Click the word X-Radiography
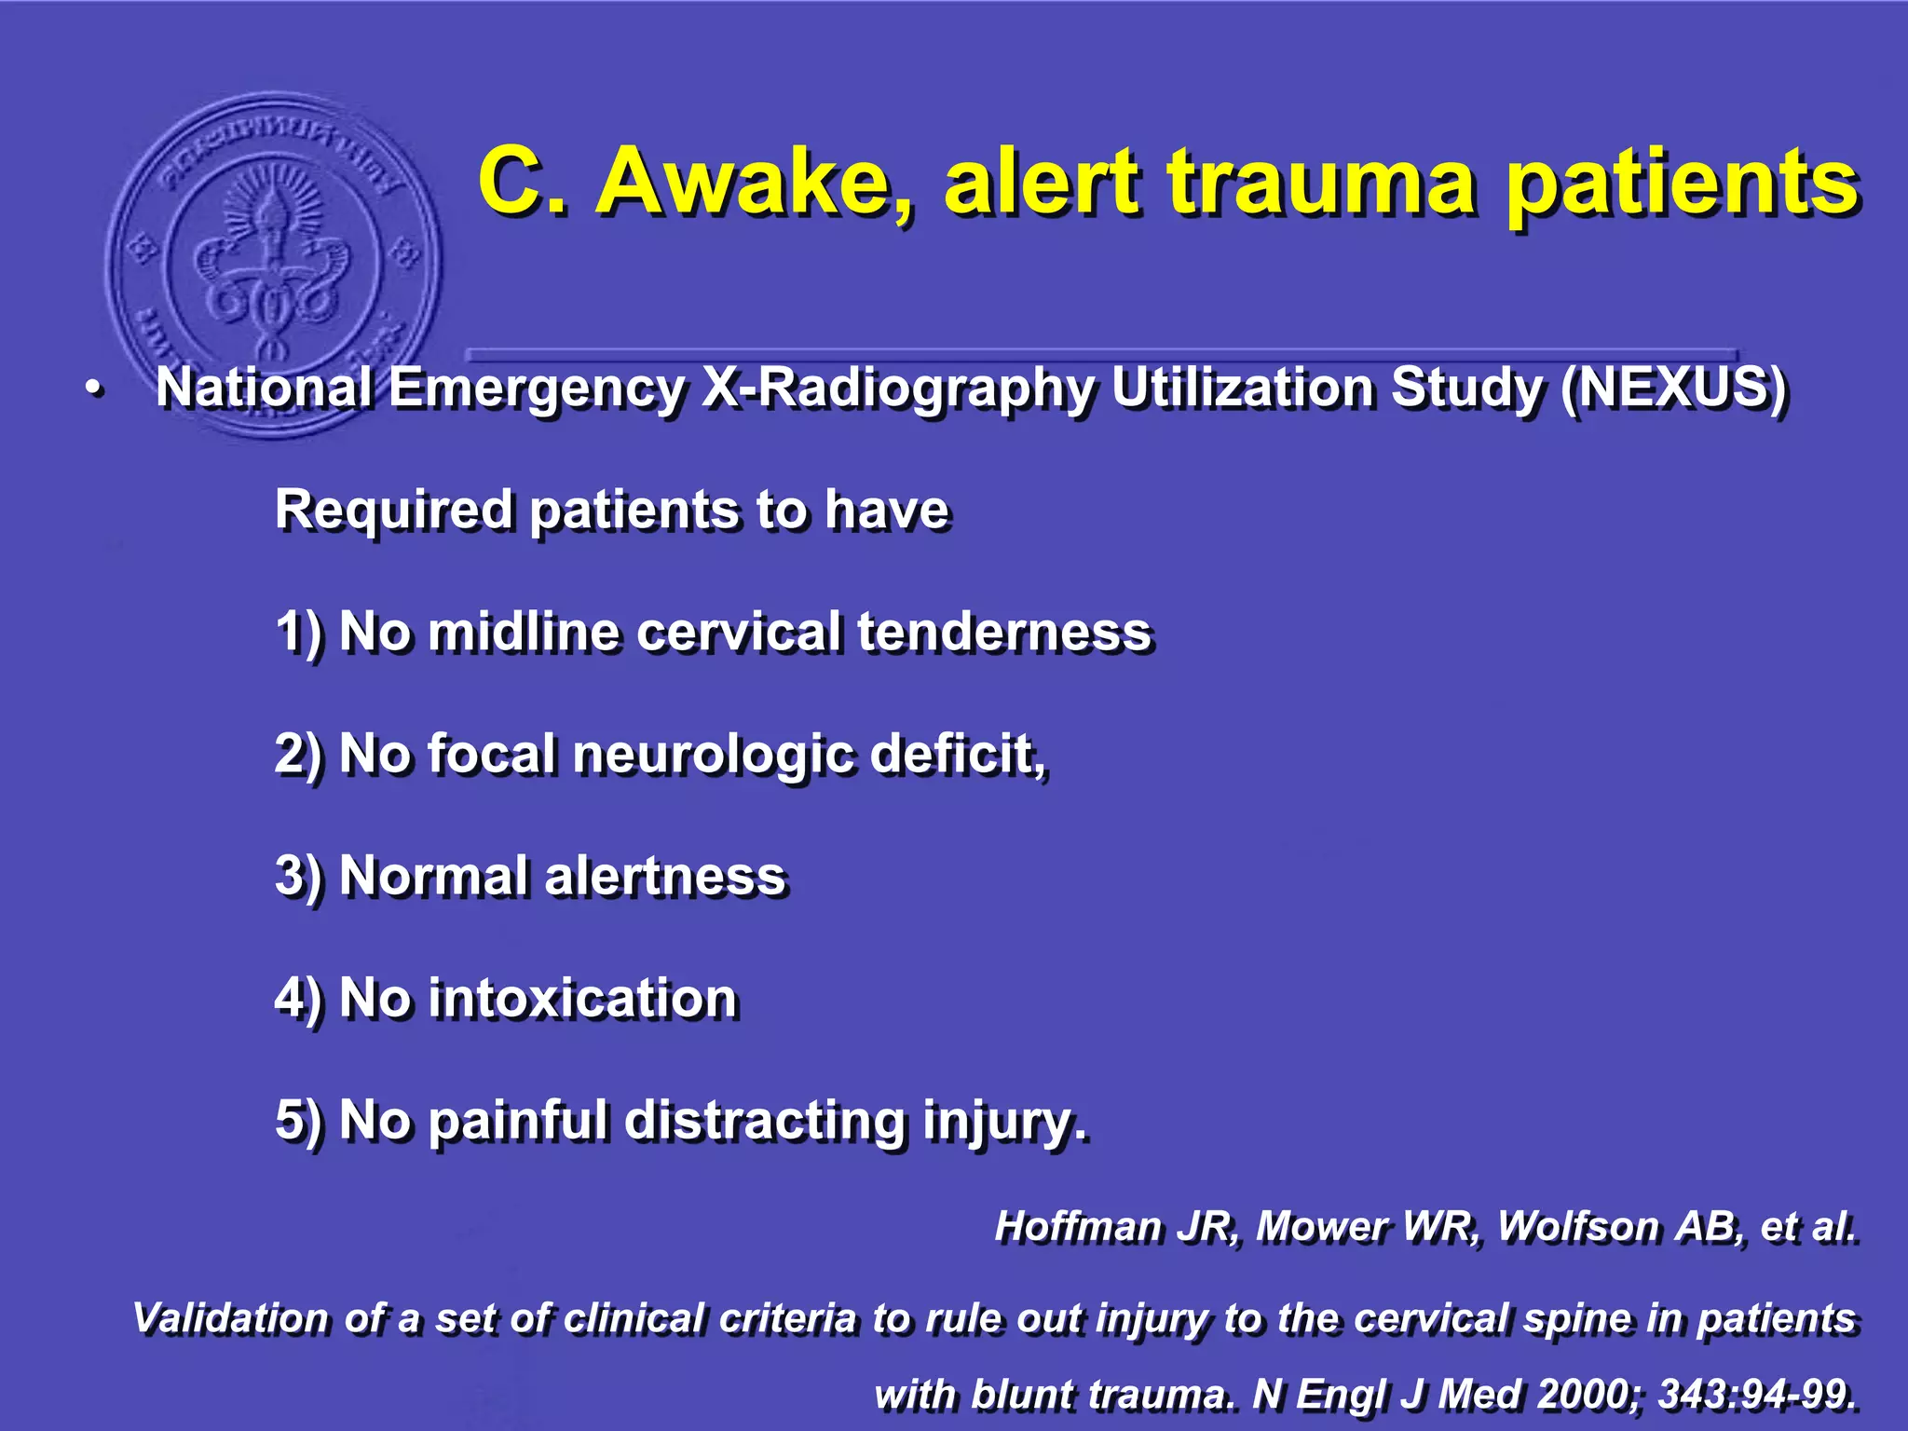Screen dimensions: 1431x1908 [897, 389]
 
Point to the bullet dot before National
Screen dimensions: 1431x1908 [92, 390]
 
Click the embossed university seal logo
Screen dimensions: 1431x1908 [273, 264]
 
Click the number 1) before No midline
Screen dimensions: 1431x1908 [299, 633]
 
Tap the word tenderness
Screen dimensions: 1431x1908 [1004, 633]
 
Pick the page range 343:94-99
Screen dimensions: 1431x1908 [1757, 1395]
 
